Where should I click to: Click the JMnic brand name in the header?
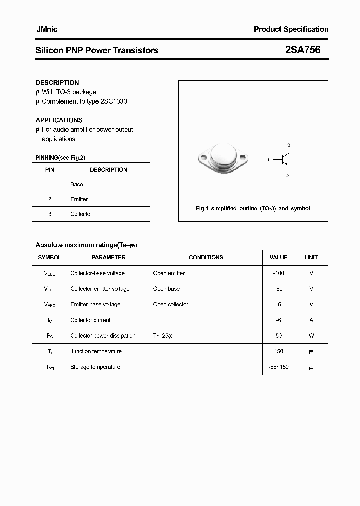pos(46,29)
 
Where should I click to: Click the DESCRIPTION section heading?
pos(57,83)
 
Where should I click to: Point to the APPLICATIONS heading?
pos(59,120)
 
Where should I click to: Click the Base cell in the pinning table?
pos(77,184)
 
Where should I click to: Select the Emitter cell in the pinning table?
pos(79,199)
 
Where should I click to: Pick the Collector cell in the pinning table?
pos(81,214)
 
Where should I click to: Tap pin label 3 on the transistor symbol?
pos(288,145)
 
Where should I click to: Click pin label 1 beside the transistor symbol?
pos(268,160)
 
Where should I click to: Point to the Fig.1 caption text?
pos(253,208)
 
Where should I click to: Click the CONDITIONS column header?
pos(206,257)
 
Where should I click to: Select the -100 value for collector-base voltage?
pos(278,273)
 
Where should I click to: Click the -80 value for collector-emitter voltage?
pos(278,289)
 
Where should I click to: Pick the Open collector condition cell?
pos(171,304)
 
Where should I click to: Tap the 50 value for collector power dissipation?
pos(278,336)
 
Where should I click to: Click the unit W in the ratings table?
pos(311,336)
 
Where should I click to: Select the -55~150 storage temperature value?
pos(278,367)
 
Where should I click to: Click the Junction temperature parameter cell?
pos(96,351)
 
